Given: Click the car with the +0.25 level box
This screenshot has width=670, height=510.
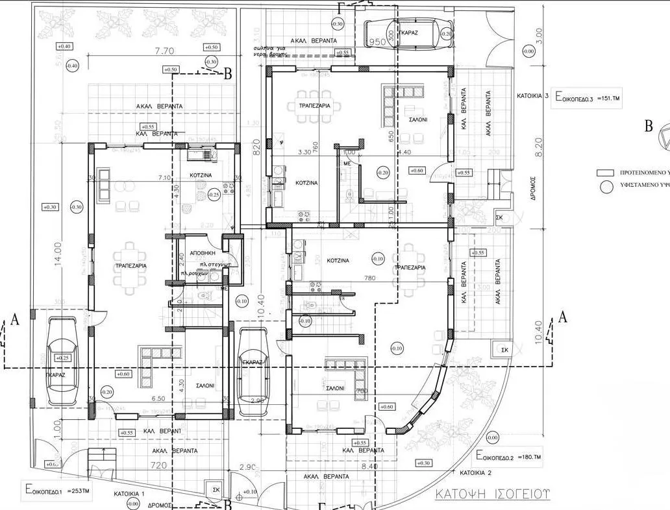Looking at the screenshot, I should click(63, 367).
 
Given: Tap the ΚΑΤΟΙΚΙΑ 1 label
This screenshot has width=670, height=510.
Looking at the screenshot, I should click(129, 494).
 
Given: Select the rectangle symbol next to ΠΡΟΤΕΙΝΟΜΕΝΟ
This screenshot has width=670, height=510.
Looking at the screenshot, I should click(605, 173).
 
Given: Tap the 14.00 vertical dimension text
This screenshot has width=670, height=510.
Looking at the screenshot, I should click(58, 254).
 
